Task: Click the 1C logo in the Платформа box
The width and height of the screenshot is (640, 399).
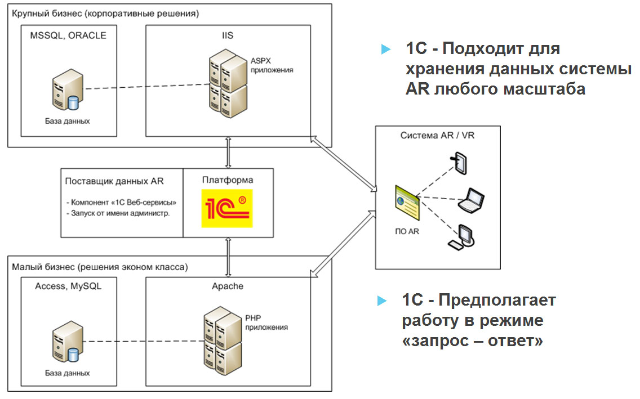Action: [227, 208]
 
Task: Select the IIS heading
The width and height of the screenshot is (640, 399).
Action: [227, 35]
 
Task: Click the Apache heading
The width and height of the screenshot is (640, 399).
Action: [228, 286]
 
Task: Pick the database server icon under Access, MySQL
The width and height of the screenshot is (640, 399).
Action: [66, 345]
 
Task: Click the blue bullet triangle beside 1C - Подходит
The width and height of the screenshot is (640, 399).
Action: [385, 50]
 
